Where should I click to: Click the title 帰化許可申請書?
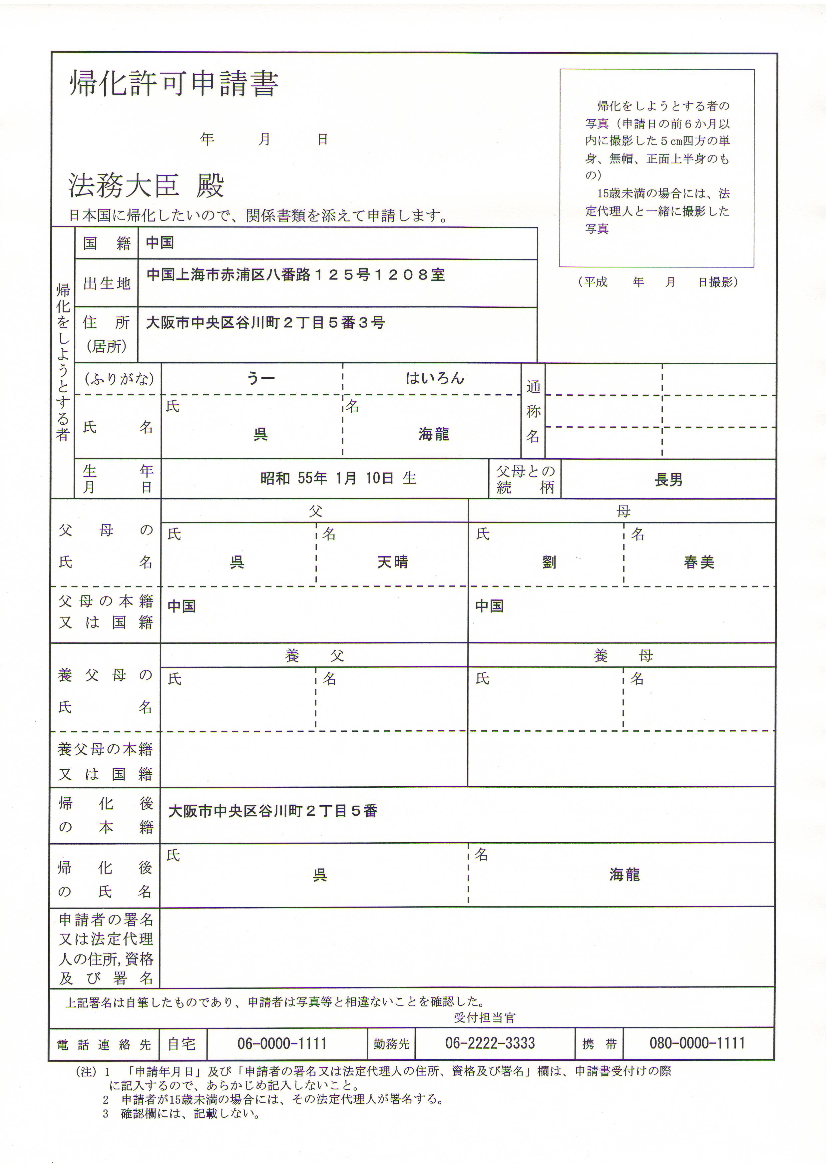pos(174,83)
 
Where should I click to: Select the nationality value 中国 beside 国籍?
pos(160,243)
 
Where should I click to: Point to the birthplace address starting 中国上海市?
pos(295,275)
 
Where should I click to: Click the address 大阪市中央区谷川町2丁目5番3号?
pos(265,322)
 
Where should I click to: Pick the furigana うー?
pos(260,378)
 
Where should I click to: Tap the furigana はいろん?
pos(435,378)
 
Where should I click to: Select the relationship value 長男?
pos(668,480)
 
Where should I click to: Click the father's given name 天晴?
pos(392,562)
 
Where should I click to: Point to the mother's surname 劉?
pos(549,563)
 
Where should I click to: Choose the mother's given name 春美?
pos(699,562)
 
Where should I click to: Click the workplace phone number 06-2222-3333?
pos(490,1043)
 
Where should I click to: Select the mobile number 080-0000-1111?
pos(697,1043)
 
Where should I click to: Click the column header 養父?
pos(314,656)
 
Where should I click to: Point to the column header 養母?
pos(622,656)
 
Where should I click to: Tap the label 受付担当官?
pos(485,1018)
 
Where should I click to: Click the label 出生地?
pos(107,283)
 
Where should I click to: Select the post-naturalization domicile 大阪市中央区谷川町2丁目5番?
pos(273,811)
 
